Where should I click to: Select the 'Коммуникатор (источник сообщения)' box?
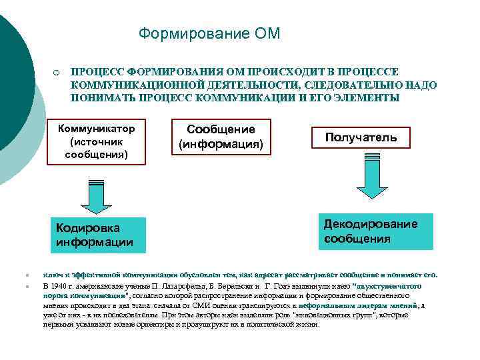click(x=97, y=141)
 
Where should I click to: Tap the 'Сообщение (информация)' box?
click(x=221, y=136)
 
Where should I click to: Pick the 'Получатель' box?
click(x=361, y=137)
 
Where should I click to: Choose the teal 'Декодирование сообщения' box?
click(x=370, y=231)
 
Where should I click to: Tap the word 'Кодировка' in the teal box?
click(x=83, y=227)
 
